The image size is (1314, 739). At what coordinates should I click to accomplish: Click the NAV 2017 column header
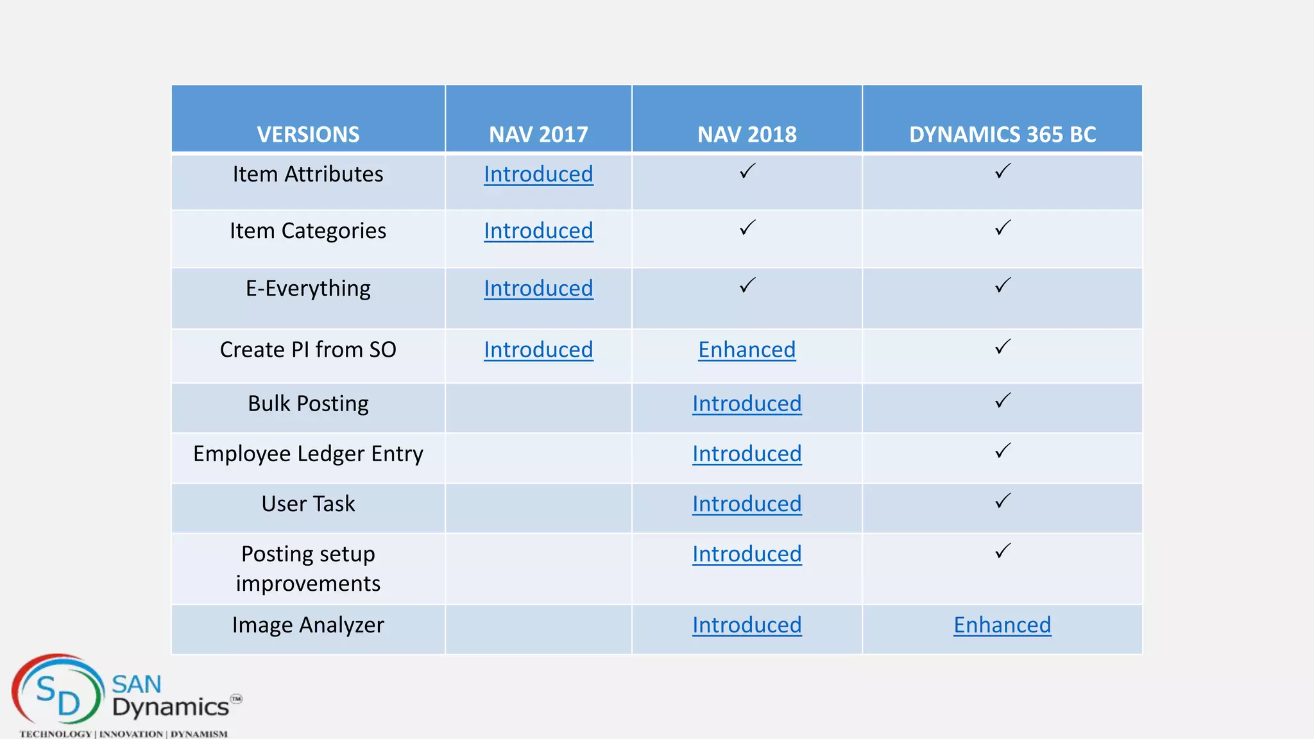(538, 134)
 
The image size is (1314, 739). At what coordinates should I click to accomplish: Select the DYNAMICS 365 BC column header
(1002, 134)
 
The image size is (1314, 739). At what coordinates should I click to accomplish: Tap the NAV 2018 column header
(747, 134)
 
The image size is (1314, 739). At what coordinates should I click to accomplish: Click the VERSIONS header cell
(308, 134)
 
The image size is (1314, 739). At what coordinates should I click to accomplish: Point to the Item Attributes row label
(308, 174)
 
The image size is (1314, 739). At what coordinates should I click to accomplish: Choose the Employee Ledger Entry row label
(308, 454)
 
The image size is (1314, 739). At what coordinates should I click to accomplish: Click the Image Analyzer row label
(308, 625)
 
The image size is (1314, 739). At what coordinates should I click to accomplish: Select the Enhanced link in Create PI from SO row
(747, 350)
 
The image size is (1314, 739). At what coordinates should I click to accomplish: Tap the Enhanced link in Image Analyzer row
(1002, 625)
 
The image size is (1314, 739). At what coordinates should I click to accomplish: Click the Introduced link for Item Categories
(538, 231)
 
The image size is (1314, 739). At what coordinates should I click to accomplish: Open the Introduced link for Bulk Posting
(747, 404)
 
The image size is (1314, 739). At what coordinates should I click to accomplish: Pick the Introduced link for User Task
(747, 504)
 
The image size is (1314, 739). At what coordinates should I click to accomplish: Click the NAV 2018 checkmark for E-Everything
(747, 285)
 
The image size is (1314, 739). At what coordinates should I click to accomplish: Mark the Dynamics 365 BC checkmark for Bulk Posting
(1003, 401)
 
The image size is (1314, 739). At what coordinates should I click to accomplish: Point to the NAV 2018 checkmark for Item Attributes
(747, 171)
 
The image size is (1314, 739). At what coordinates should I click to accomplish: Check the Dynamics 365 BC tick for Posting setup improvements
(1003, 551)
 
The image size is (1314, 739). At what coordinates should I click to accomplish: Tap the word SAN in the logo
(137, 684)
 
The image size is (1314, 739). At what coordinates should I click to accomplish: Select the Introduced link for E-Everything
(538, 289)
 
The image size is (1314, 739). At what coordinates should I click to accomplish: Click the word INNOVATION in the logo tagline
(131, 734)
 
